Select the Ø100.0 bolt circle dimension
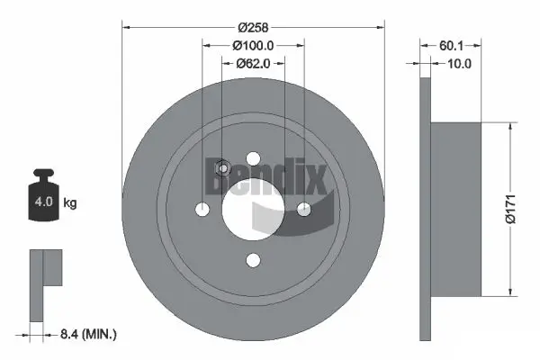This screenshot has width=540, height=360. click(x=253, y=45)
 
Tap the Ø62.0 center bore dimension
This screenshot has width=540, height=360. click(x=254, y=63)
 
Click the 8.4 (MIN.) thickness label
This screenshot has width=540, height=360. click(x=86, y=335)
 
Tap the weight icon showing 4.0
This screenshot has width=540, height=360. click(x=42, y=194)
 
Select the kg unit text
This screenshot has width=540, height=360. click(x=70, y=203)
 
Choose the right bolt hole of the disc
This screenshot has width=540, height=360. click(x=303, y=209)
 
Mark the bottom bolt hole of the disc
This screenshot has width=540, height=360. click(x=253, y=260)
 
